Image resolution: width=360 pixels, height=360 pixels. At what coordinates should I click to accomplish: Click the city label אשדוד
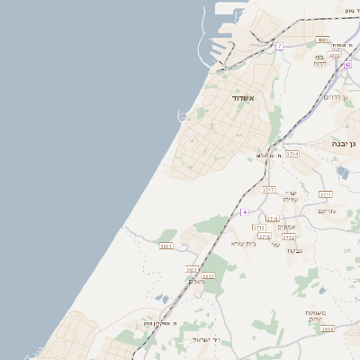244,97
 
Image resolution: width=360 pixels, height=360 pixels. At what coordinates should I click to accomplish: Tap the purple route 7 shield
280,46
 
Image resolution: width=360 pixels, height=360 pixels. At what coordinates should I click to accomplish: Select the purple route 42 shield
347,65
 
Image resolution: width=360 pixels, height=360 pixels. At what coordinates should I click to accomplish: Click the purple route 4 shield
245,211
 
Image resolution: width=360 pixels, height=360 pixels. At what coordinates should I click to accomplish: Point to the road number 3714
292,155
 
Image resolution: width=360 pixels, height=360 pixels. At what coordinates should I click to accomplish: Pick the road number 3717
268,190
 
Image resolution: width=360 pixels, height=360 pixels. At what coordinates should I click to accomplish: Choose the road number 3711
326,194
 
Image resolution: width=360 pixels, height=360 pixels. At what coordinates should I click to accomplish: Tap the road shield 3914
328,329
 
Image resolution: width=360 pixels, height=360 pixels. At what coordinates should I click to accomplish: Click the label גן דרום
335,97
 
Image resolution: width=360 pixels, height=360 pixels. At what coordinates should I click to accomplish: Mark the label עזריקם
327,211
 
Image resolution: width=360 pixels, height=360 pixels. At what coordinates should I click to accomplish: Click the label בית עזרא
244,243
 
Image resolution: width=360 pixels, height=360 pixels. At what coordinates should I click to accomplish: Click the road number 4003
322,40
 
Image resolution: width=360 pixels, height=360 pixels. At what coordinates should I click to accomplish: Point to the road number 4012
335,56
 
